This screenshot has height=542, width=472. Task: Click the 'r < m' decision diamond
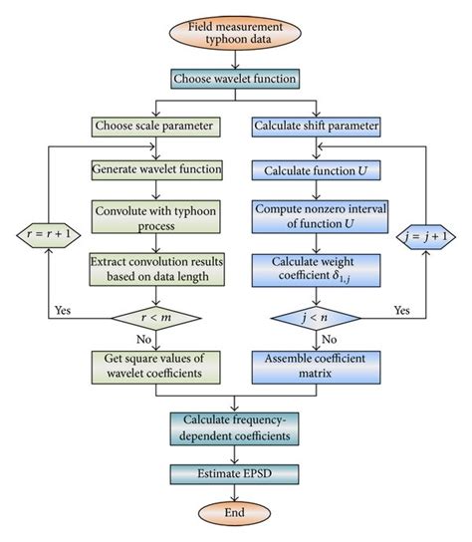[x=148, y=319]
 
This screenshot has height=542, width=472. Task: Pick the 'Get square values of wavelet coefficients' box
[x=148, y=366]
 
